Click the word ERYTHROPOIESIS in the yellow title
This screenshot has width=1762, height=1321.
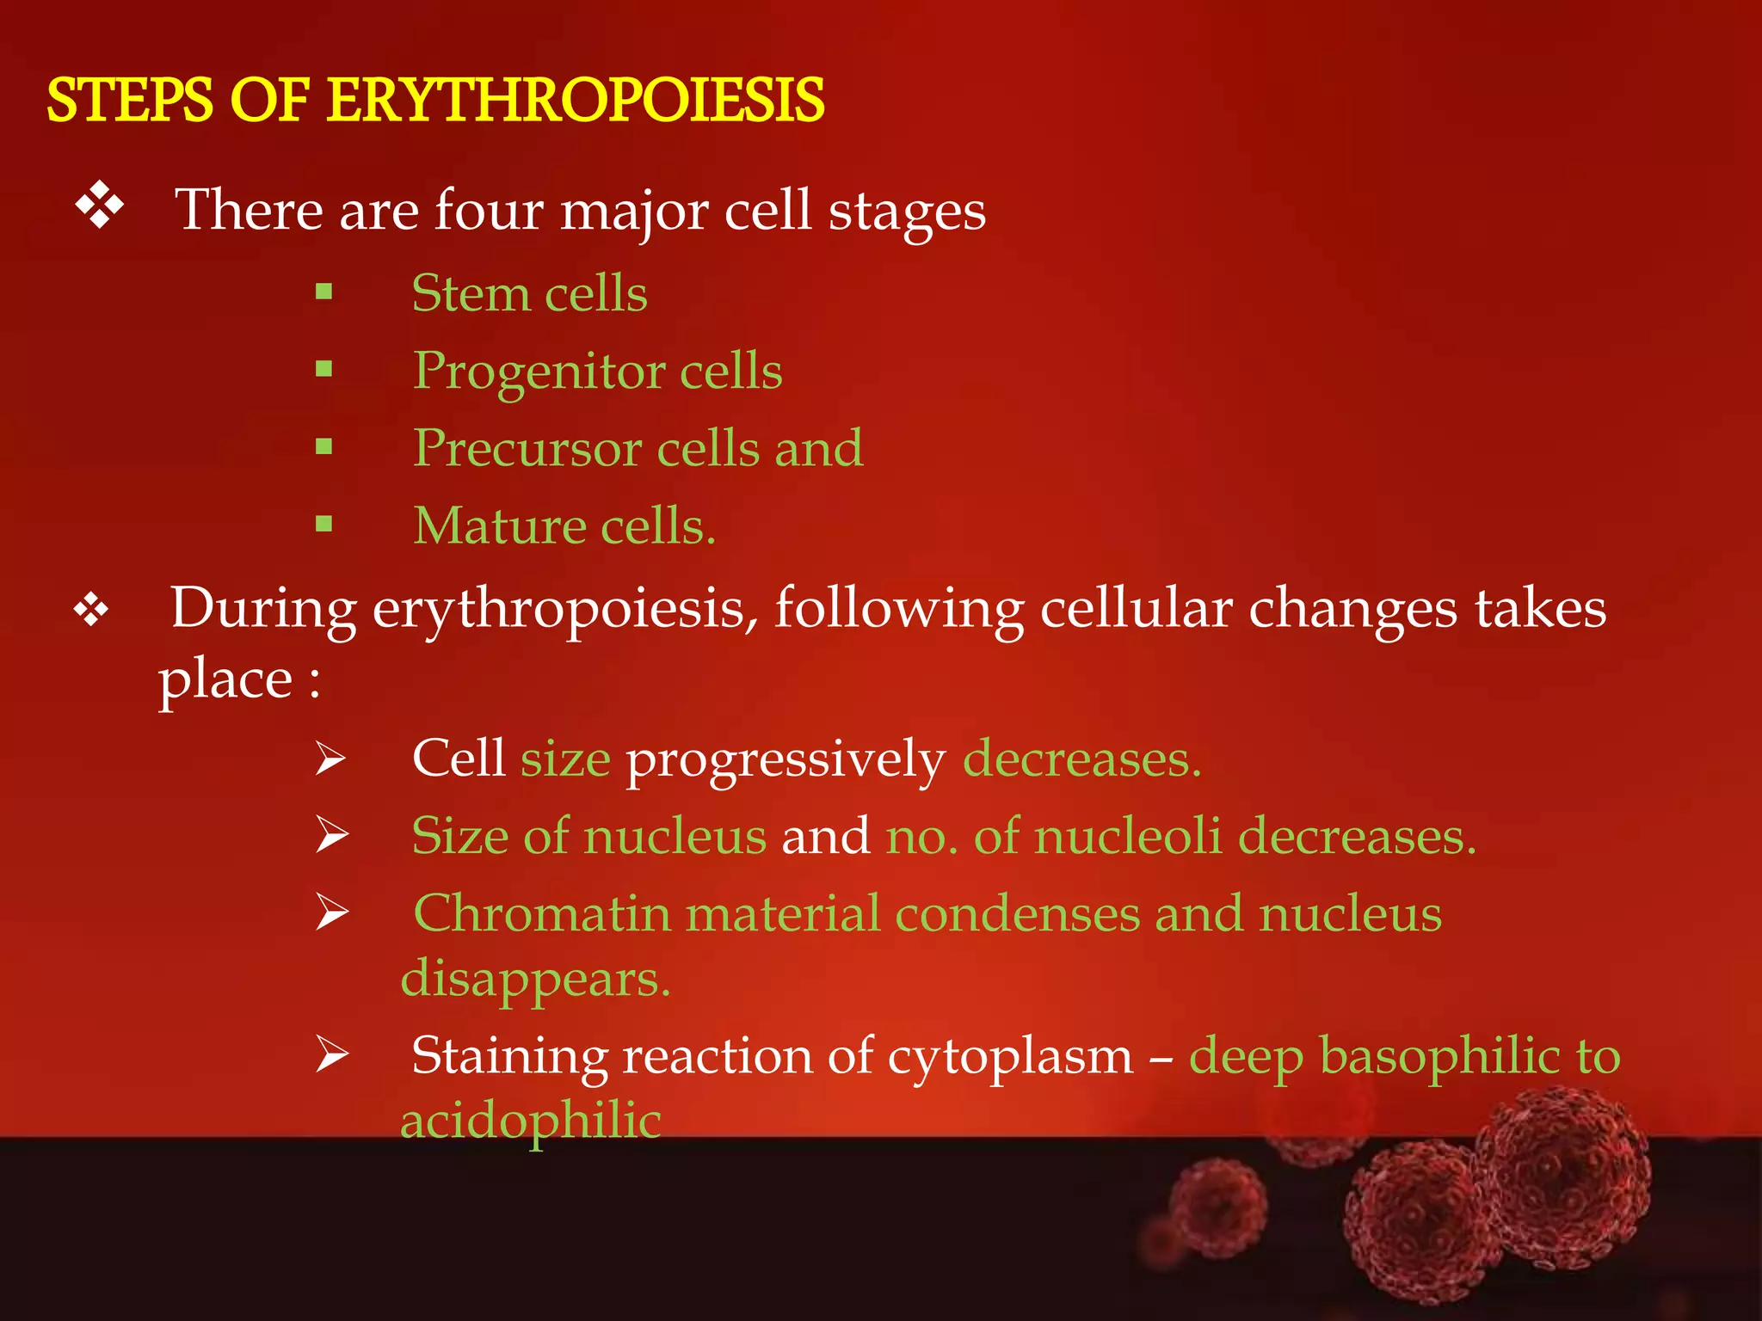576,101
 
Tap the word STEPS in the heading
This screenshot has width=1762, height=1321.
129,101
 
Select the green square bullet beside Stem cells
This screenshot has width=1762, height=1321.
323,292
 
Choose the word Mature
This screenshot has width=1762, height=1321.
499,525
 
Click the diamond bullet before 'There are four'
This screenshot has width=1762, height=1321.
100,206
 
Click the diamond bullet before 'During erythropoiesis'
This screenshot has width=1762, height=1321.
91,610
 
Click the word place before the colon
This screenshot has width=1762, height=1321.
225,680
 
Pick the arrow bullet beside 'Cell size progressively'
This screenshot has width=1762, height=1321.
330,759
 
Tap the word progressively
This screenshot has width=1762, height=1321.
785,760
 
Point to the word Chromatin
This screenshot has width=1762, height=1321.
541,913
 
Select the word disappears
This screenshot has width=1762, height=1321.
535,980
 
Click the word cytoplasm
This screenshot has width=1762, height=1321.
1010,1057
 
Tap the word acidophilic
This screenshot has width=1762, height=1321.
531,1121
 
